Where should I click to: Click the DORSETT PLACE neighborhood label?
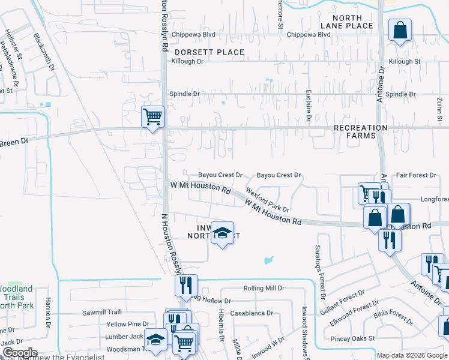click(x=209, y=52)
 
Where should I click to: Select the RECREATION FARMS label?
click(x=361, y=131)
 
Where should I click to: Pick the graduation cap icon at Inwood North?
click(x=221, y=233)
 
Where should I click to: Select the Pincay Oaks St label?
click(x=352, y=338)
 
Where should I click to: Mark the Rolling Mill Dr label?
click(x=264, y=288)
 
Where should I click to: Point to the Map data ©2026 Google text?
click(x=411, y=355)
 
